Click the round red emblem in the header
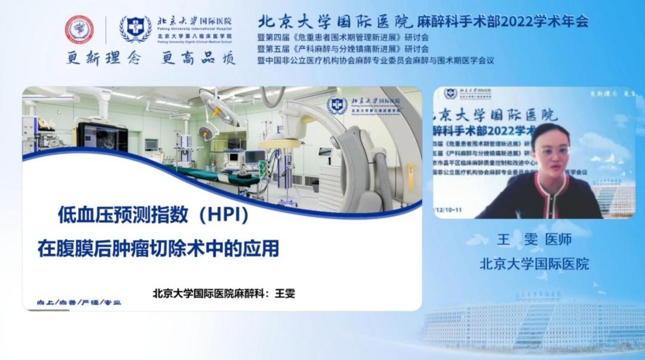click(79, 29)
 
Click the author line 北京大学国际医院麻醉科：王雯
click(224, 293)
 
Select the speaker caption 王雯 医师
click(534, 239)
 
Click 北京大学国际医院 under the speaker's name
click(534, 263)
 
